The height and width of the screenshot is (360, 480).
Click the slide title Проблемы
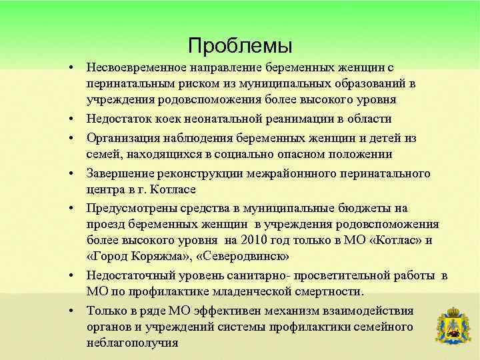240,45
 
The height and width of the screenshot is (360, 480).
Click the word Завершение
117,173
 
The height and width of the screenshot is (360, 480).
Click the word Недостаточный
127,276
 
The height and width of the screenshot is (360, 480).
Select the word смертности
327,292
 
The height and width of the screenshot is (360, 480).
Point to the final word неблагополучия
132,343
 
